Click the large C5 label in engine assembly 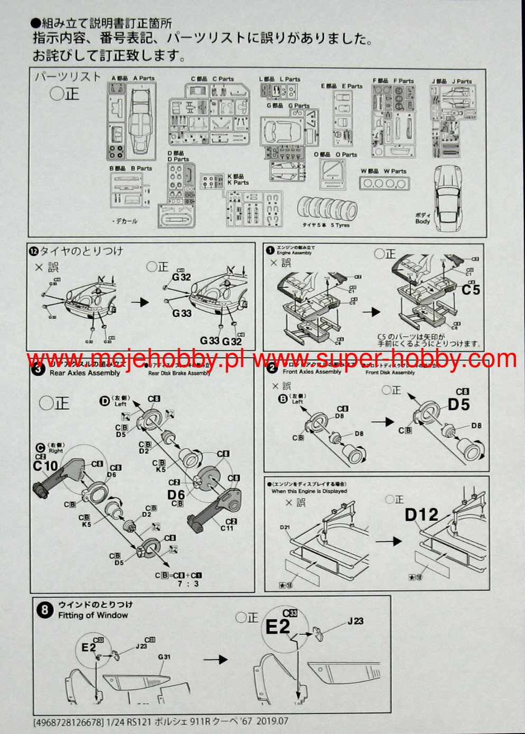471,290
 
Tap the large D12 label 421,515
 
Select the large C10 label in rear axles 45,466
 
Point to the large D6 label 176,494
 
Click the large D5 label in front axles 458,404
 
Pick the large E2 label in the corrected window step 277,627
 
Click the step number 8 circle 45,610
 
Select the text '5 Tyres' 340,225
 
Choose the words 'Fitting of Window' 93,615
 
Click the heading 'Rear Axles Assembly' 85,373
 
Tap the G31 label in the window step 164,657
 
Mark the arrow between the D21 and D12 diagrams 390,541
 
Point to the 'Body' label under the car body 423,222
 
